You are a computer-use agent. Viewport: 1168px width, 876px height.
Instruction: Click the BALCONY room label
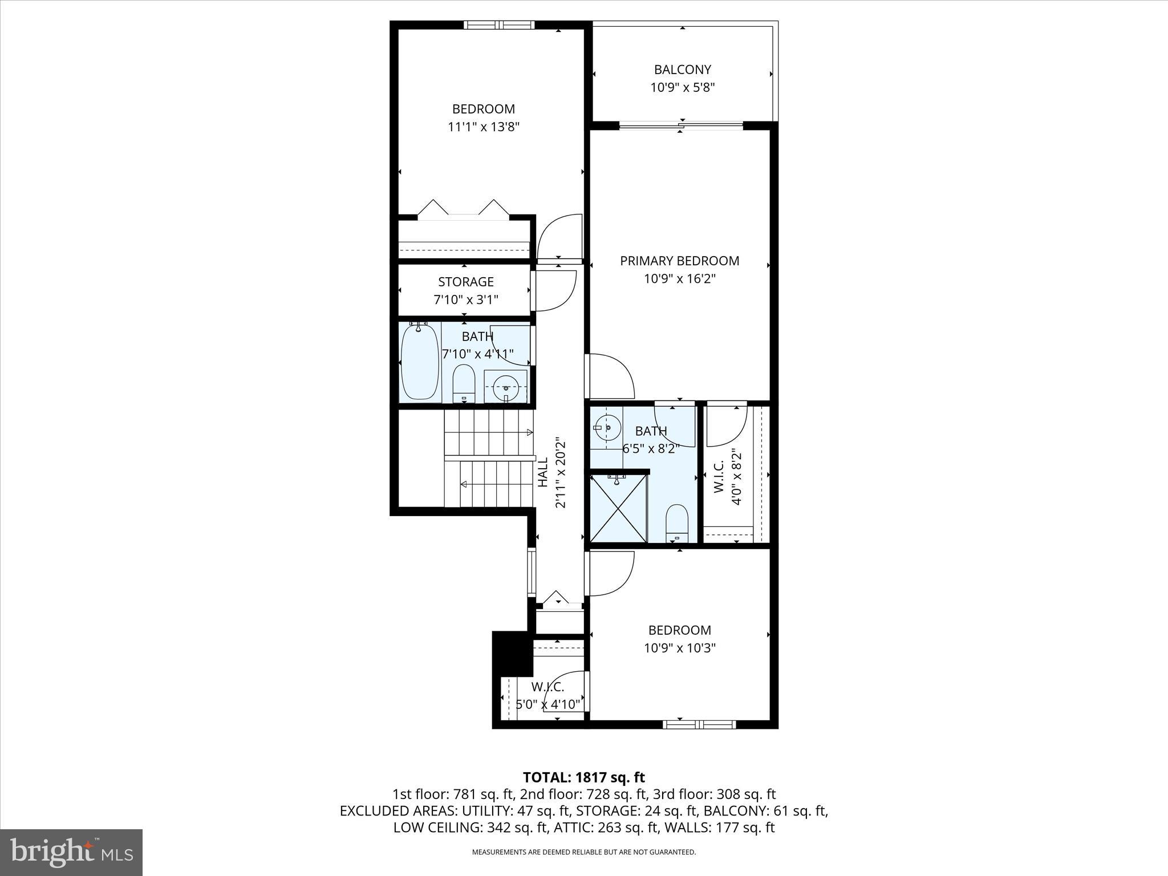682,70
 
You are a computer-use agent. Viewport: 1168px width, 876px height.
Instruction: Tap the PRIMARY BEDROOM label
679,261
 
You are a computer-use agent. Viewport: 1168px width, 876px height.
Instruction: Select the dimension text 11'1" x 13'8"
483,127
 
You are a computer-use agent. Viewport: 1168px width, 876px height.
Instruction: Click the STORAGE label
465,282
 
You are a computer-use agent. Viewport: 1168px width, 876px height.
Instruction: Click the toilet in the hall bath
464,384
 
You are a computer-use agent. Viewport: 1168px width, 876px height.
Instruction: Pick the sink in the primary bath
606,427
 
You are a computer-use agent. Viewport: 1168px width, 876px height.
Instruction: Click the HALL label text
543,472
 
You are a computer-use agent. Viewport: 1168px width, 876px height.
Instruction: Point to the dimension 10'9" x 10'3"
679,648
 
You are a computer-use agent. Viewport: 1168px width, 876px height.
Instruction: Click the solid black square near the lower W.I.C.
512,652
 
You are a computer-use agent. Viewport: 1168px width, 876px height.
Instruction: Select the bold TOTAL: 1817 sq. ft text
583,777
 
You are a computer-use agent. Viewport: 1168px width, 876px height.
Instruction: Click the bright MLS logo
71,852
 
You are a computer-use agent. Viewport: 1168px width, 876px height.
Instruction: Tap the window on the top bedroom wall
499,25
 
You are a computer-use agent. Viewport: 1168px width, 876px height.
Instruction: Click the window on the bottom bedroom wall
699,724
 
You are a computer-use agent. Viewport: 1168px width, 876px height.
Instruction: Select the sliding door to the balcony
681,125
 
